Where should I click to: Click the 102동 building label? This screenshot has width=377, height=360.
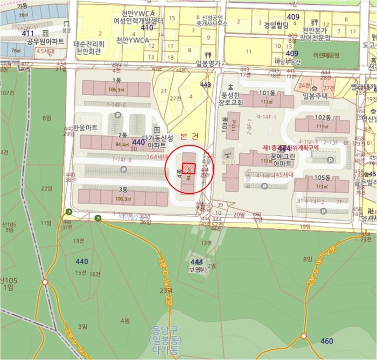[323, 117]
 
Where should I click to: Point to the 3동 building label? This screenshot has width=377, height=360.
[123, 190]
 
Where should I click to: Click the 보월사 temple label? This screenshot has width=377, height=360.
[197, 271]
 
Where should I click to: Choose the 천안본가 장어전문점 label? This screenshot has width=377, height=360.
[316, 34]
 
